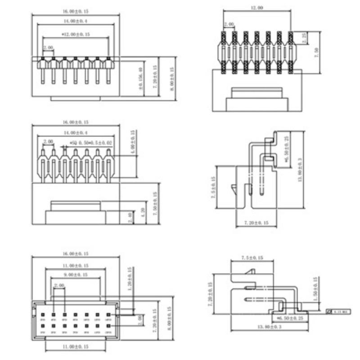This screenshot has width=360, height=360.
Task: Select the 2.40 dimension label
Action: click(x=130, y=218)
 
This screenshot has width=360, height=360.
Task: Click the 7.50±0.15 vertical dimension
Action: click(x=156, y=203)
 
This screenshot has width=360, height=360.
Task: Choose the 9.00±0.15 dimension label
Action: click(x=75, y=274)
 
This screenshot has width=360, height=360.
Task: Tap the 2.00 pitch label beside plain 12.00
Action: click(x=229, y=25)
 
